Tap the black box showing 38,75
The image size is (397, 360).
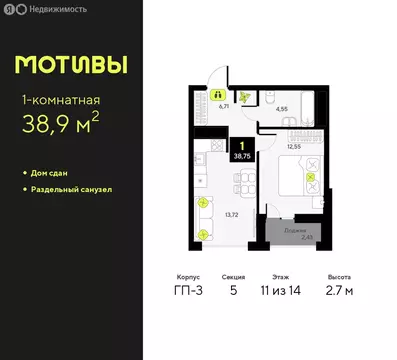[x=241, y=151]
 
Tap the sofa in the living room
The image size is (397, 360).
[x=205, y=216]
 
